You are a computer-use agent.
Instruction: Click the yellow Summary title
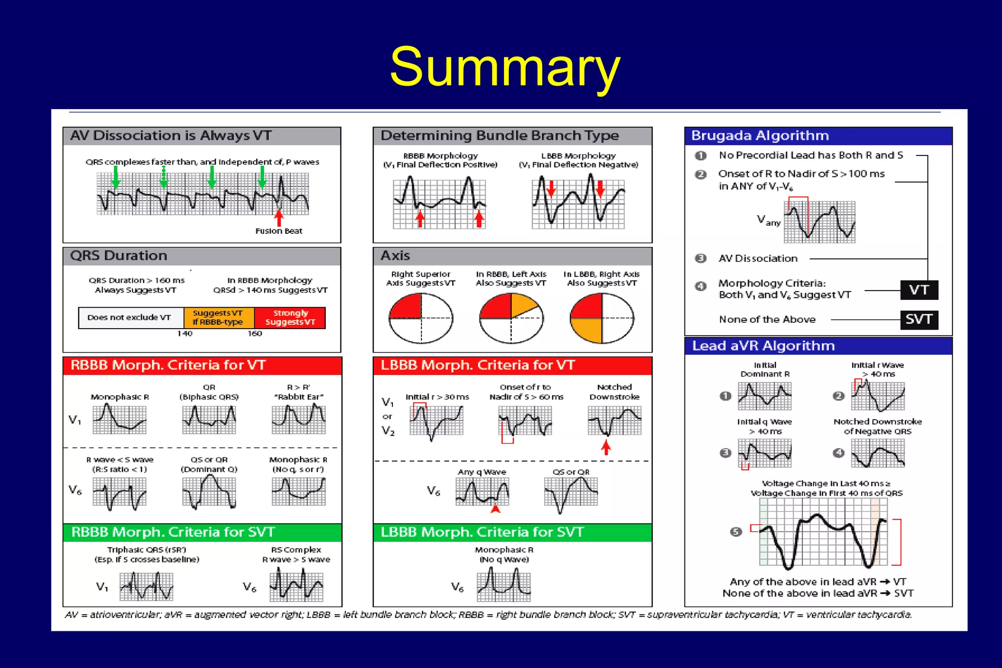[x=505, y=67]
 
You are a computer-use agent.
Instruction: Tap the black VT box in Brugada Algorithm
[x=919, y=290]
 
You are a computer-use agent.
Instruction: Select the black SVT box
[x=919, y=320]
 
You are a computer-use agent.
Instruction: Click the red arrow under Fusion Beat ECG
[x=279, y=217]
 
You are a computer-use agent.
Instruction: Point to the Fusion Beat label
[x=279, y=231]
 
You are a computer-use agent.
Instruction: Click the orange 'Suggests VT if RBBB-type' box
[x=218, y=317]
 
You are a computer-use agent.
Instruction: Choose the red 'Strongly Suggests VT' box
[x=290, y=317]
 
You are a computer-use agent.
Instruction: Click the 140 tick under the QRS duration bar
[x=184, y=334]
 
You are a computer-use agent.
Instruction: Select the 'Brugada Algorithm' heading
[x=760, y=135]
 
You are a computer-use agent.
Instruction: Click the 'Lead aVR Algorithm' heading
[x=763, y=346]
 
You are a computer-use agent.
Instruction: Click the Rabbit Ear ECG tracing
[x=298, y=420]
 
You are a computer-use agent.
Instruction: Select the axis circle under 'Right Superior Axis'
[x=421, y=318]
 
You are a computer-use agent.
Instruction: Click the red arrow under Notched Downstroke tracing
[x=606, y=447]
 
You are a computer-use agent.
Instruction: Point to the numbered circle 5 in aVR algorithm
[x=736, y=532]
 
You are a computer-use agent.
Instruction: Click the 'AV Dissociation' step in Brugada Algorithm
[x=758, y=259]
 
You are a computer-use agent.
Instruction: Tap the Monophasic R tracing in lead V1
[x=119, y=420]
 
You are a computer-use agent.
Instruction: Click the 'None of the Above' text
[x=767, y=320]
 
